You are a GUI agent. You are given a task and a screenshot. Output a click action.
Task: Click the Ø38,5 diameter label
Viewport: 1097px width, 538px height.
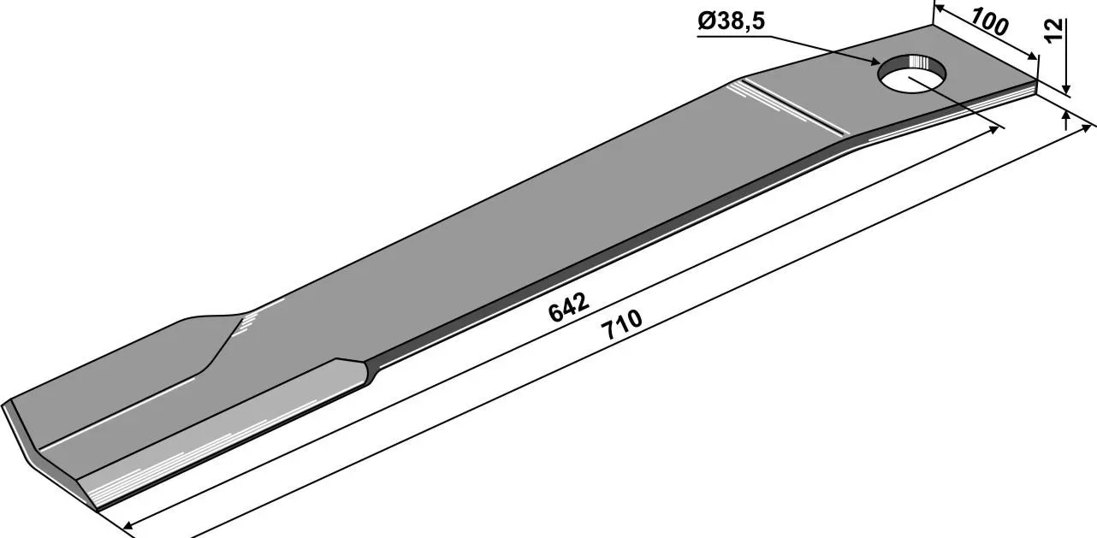[730, 22]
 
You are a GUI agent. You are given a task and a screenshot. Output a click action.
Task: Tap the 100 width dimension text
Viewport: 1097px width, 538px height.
[990, 22]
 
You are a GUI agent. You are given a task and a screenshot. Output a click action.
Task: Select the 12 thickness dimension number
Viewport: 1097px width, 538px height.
[1054, 30]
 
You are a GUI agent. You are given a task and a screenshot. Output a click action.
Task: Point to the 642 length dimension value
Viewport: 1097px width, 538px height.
[568, 308]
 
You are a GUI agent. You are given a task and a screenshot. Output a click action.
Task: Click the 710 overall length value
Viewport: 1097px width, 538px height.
[624, 324]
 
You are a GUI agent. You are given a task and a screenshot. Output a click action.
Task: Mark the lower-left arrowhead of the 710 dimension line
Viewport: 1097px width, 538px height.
[128, 526]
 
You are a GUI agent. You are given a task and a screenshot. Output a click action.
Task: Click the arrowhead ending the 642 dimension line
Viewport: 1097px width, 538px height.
[993, 129]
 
